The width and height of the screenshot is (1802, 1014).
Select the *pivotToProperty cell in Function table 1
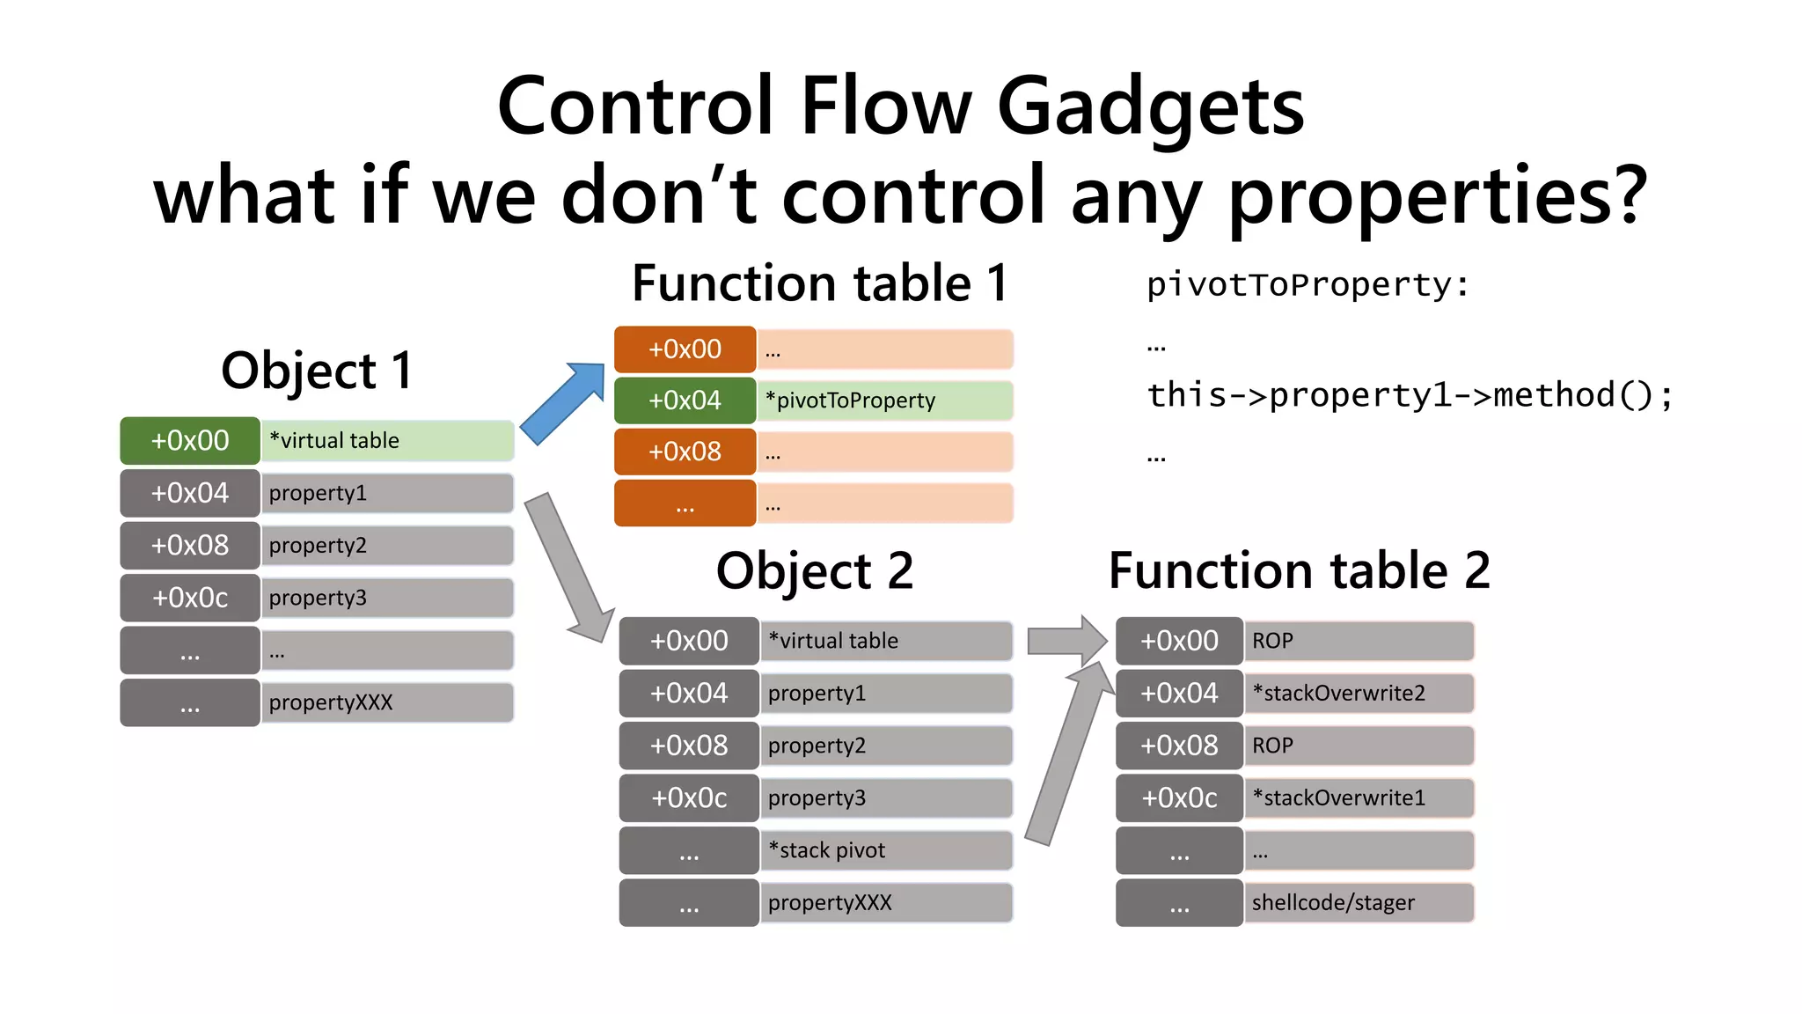pyautogui.click(x=884, y=400)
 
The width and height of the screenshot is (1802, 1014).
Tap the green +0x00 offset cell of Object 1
pyautogui.click(x=190, y=440)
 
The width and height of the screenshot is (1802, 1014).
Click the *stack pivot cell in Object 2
pyautogui.click(x=884, y=850)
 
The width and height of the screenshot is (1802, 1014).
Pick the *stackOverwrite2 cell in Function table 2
pyautogui.click(x=1358, y=693)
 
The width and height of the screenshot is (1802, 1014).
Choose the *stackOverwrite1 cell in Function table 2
pyautogui.click(x=1358, y=797)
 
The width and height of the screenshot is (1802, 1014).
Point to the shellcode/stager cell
pyautogui.click(x=1358, y=902)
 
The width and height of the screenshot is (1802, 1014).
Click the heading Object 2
pyautogui.click(x=815, y=570)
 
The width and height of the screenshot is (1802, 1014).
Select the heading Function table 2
pyautogui.click(x=1299, y=570)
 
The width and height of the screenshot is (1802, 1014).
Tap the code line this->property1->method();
pyautogui.click(x=1410, y=394)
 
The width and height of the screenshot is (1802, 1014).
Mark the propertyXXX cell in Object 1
pyautogui.click(x=387, y=702)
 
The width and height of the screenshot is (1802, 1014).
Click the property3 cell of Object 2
pyautogui.click(x=884, y=797)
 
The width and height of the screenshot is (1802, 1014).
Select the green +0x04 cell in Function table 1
pyautogui.click(x=685, y=400)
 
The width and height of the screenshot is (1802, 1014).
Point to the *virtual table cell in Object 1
pyautogui.click(x=387, y=440)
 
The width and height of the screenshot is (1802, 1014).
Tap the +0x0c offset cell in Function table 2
pyautogui.click(x=1179, y=797)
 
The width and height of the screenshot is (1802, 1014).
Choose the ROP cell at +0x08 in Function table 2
pyautogui.click(x=1358, y=746)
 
